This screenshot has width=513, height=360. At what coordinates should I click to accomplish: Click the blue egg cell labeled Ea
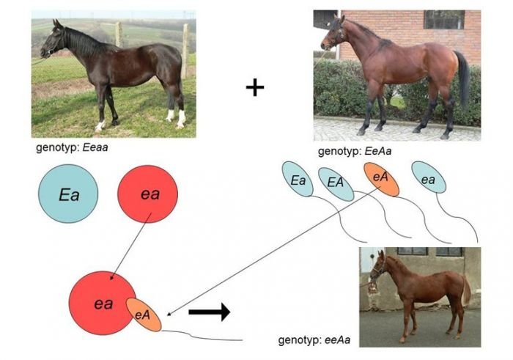pyautogui.click(x=68, y=194)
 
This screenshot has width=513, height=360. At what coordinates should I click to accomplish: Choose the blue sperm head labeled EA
pyautogui.click(x=335, y=183)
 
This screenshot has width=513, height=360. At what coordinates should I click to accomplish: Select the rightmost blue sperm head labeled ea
pyautogui.click(x=428, y=178)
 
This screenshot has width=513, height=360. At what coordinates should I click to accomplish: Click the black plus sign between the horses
pyautogui.click(x=254, y=89)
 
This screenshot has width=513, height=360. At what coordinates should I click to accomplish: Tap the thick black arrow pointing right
pyautogui.click(x=209, y=312)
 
